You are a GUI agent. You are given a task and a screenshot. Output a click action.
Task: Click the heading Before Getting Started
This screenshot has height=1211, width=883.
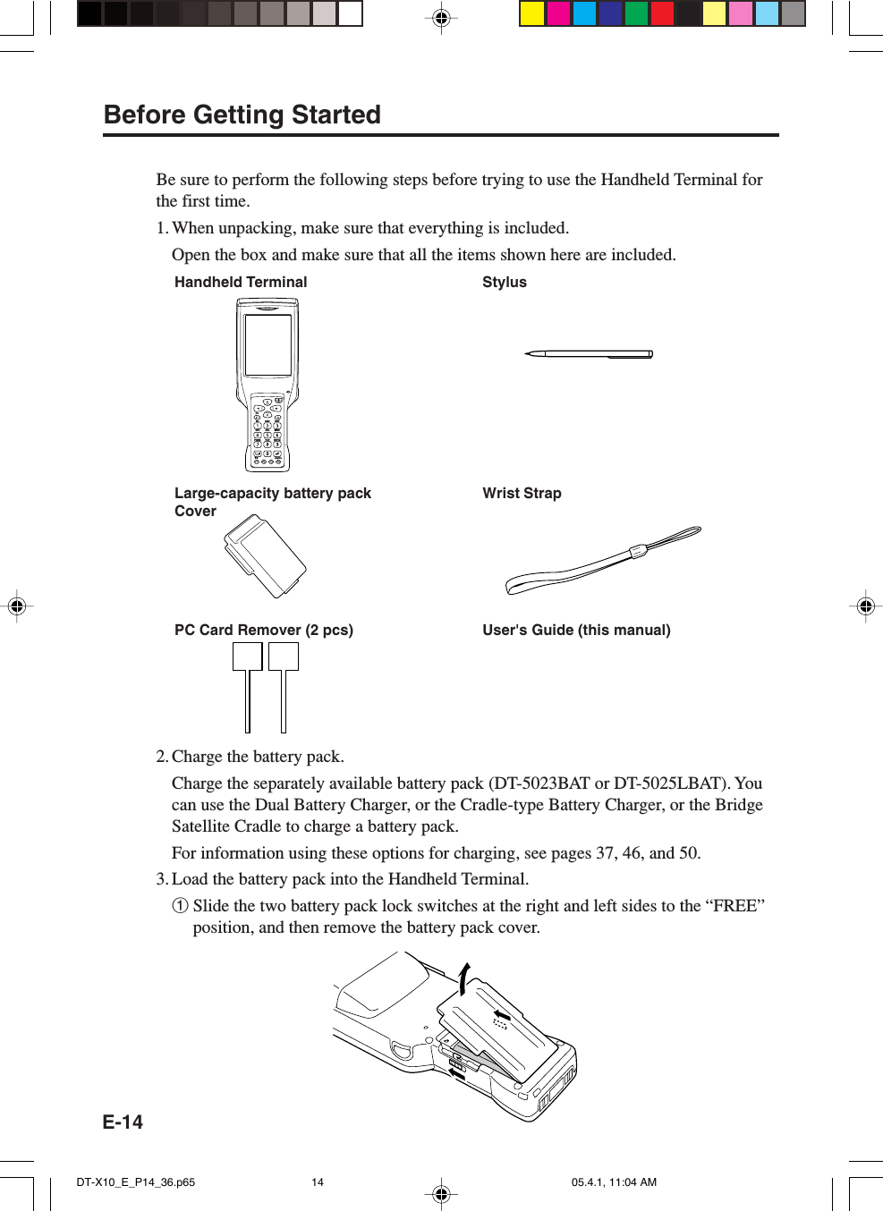click(242, 115)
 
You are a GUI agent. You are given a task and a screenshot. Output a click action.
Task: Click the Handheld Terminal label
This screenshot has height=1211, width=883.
click(241, 283)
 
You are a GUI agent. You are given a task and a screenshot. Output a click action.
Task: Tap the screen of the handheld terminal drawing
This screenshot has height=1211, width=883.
click(267, 344)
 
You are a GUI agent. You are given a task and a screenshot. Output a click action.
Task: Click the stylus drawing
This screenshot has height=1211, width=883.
click(590, 354)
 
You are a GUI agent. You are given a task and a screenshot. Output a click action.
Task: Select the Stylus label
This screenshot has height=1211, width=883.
click(505, 283)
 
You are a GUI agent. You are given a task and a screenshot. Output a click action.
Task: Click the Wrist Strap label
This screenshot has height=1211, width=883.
click(522, 494)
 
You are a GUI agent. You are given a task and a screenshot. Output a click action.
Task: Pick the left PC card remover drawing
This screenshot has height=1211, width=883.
click(248, 684)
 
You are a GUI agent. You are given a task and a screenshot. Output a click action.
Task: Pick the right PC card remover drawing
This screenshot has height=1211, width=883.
click(284, 684)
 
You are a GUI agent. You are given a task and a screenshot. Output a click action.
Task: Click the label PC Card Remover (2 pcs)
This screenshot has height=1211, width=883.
click(264, 631)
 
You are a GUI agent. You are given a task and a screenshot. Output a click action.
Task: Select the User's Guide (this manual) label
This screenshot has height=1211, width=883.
click(576, 631)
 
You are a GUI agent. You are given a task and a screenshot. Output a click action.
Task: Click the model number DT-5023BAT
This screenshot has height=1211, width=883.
click(541, 783)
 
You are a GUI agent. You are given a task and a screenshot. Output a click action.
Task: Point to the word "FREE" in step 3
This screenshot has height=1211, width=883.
click(734, 906)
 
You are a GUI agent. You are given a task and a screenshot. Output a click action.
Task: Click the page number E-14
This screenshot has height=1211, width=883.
click(123, 1122)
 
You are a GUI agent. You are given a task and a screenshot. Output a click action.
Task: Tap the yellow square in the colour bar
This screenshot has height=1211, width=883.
click(532, 13)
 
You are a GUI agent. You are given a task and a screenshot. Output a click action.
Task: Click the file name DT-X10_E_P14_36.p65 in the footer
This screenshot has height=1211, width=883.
click(136, 1182)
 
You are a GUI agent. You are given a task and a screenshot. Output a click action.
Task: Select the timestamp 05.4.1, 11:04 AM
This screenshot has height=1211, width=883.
click(614, 1182)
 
